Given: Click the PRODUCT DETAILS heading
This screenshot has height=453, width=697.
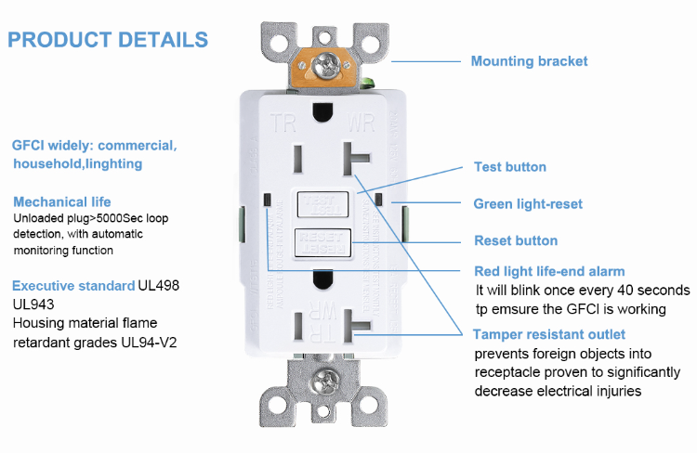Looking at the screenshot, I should pos(108,40).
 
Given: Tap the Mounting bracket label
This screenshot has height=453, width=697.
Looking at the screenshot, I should pos(529,61).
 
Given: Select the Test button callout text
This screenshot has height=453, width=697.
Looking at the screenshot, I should pos(510,167).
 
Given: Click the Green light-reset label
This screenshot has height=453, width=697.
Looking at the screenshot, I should pos(528,204).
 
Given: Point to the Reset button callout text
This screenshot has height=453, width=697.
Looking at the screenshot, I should pos(516,240).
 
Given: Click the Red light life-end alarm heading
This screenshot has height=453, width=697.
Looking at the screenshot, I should pos(549,271).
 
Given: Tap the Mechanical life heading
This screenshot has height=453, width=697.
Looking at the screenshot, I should pos(62,201).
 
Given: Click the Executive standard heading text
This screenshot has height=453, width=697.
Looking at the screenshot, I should pos(73,286).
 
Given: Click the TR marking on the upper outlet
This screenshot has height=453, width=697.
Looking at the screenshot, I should pos(283,122).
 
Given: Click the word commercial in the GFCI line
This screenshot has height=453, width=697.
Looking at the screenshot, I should pos(137,146).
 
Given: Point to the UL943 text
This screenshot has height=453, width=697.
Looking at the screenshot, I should pos(33,304).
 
